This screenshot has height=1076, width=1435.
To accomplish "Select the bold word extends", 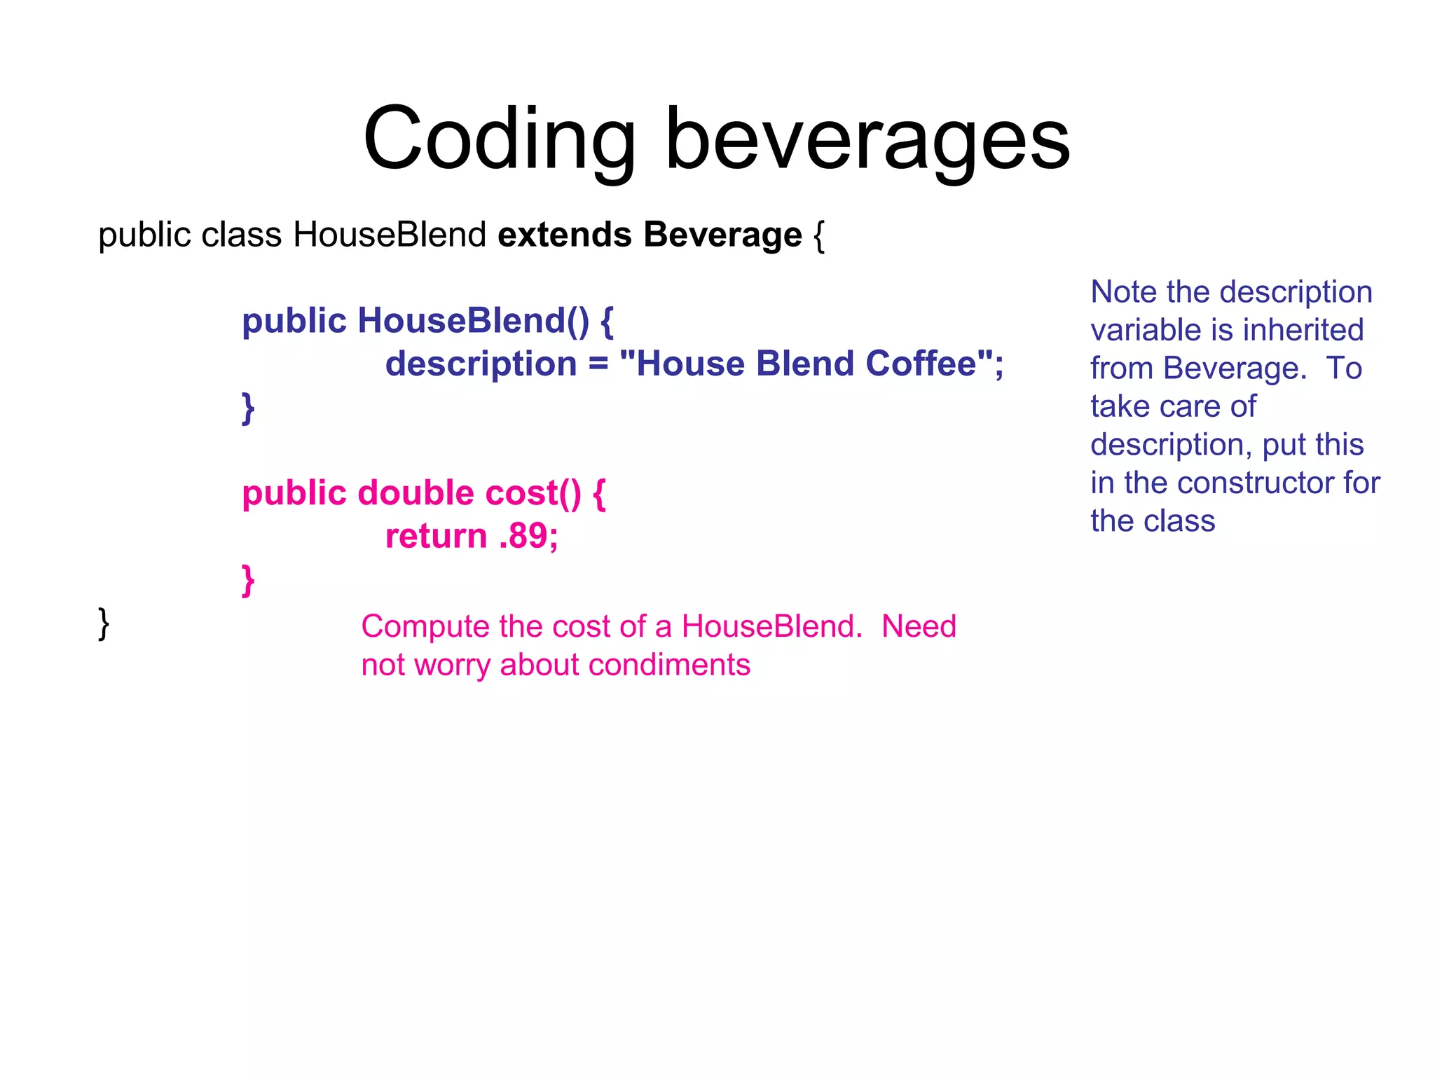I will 565,235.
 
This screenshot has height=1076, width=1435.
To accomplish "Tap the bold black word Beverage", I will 722,235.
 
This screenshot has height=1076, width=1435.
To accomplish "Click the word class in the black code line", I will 241,235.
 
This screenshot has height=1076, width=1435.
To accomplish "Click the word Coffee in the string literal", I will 921,364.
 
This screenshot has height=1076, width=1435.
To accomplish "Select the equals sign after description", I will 598,364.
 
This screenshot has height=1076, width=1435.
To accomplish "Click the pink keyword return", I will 436,537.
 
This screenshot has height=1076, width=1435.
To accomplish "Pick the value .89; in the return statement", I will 529,537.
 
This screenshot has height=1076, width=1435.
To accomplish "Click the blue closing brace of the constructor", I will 247,408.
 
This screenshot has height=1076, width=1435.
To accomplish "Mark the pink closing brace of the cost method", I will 247,580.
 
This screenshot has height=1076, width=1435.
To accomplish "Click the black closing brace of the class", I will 104,623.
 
